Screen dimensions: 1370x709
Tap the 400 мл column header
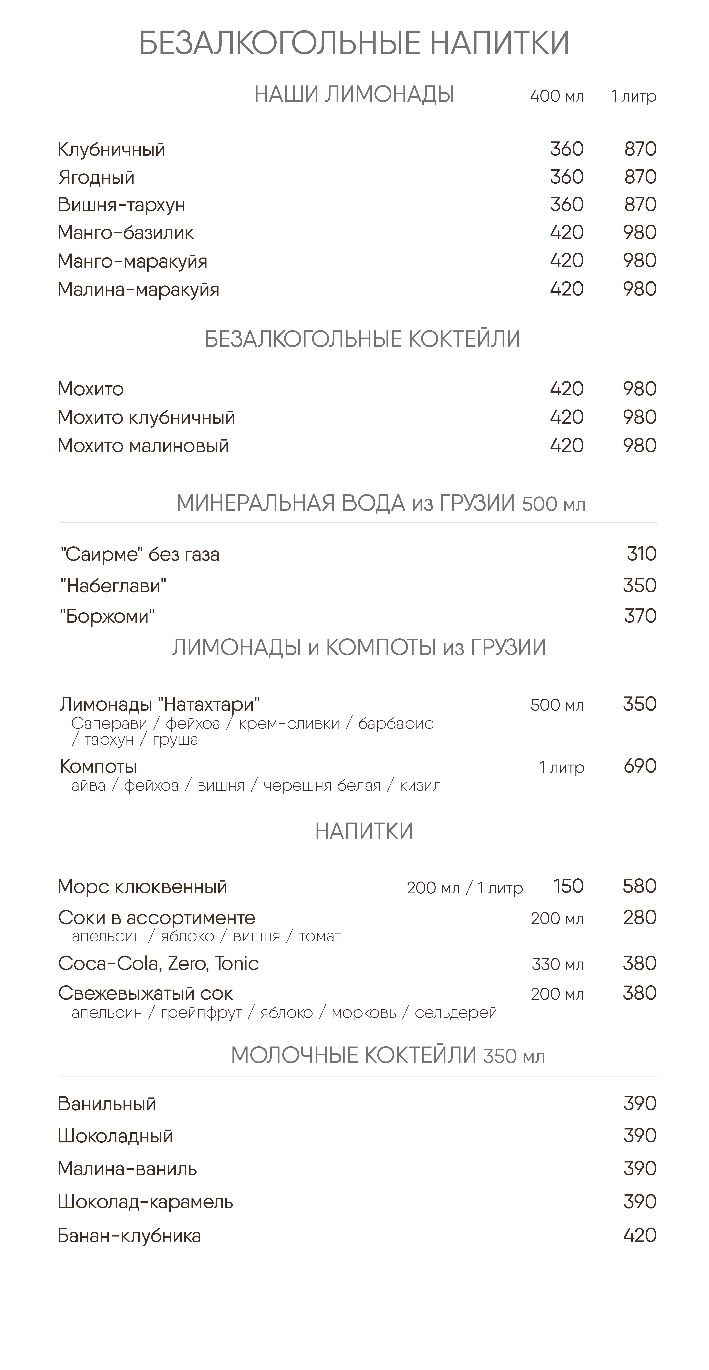[x=557, y=96]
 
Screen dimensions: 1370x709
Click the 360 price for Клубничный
[x=567, y=149]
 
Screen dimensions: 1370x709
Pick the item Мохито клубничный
[x=146, y=417]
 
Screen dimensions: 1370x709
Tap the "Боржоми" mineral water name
[x=107, y=616]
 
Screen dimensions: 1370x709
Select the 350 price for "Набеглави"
[x=640, y=586]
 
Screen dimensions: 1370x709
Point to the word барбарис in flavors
[x=395, y=724]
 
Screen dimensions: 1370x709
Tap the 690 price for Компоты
[x=640, y=766]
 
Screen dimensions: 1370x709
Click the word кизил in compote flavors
[x=421, y=786]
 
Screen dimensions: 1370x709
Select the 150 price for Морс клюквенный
[x=569, y=887]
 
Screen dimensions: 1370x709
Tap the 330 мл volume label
[x=558, y=965]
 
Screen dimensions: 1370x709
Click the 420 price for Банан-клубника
[x=640, y=1235]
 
